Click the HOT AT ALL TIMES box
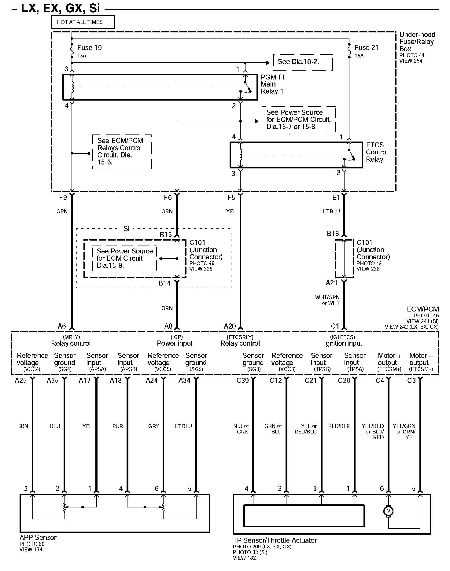83,22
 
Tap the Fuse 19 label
89,48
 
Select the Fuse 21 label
366,48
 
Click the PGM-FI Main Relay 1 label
272,84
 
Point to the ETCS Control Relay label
377,152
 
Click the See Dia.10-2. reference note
298,62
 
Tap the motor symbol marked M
389,511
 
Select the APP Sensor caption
38,538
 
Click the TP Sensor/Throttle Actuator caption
275,540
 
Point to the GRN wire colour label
62,211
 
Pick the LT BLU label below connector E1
331,211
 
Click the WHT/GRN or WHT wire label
327,300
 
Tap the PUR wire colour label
117,426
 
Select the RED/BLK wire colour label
339,426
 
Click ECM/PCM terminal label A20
230,326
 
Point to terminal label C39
243,381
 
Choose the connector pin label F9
63,198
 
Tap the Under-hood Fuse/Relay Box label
417,42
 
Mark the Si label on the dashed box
127,229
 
